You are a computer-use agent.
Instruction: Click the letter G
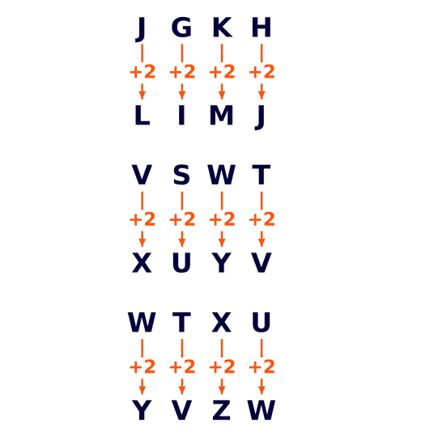point(181,27)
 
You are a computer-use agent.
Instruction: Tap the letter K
point(223,27)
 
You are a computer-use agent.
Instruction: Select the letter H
point(262,27)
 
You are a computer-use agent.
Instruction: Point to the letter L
point(142,115)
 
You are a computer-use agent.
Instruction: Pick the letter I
point(181,115)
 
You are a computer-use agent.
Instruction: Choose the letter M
point(221,115)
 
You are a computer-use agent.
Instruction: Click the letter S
point(181,175)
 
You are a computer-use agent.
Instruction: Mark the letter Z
point(221,410)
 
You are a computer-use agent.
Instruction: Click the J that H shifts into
point(260,117)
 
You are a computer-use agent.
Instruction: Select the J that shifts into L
point(141,29)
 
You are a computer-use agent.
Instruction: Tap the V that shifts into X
point(142,175)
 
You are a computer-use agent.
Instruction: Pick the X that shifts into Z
point(221,322)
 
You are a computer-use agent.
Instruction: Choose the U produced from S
point(181,263)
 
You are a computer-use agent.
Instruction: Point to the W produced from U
point(262,410)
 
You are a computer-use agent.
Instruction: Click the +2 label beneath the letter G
point(182,72)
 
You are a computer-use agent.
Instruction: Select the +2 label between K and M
point(222,72)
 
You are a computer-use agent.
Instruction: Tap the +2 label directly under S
point(182,219)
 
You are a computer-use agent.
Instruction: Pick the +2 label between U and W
point(262,366)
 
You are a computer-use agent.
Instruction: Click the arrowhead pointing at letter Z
point(222,390)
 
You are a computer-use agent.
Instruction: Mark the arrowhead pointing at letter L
point(142,95)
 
